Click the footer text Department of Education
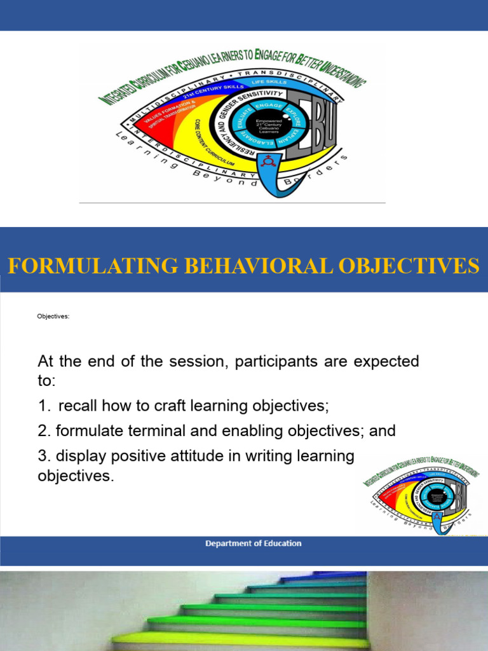click(x=253, y=544)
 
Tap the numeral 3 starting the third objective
click(x=43, y=456)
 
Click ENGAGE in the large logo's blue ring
click(x=269, y=106)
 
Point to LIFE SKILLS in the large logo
click(x=270, y=82)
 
